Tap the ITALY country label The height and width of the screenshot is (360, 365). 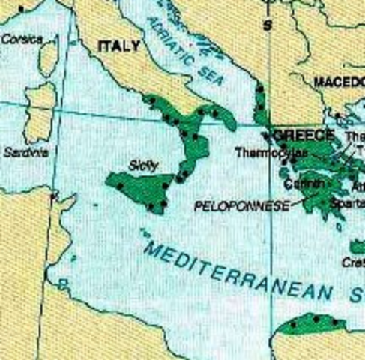click(119, 46)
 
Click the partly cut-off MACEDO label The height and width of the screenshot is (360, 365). click(339, 82)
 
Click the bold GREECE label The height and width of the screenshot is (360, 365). click(304, 135)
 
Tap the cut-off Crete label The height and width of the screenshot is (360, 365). click(353, 262)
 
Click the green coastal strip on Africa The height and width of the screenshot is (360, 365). click(311, 325)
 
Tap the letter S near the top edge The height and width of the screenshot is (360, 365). click(265, 25)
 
